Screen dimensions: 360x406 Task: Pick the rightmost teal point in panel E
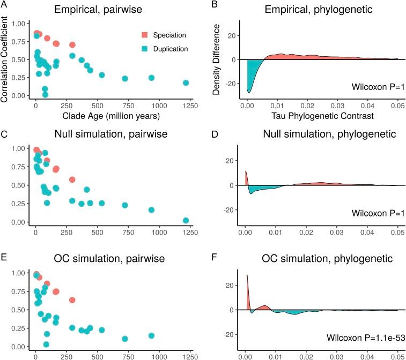click(x=152, y=336)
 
